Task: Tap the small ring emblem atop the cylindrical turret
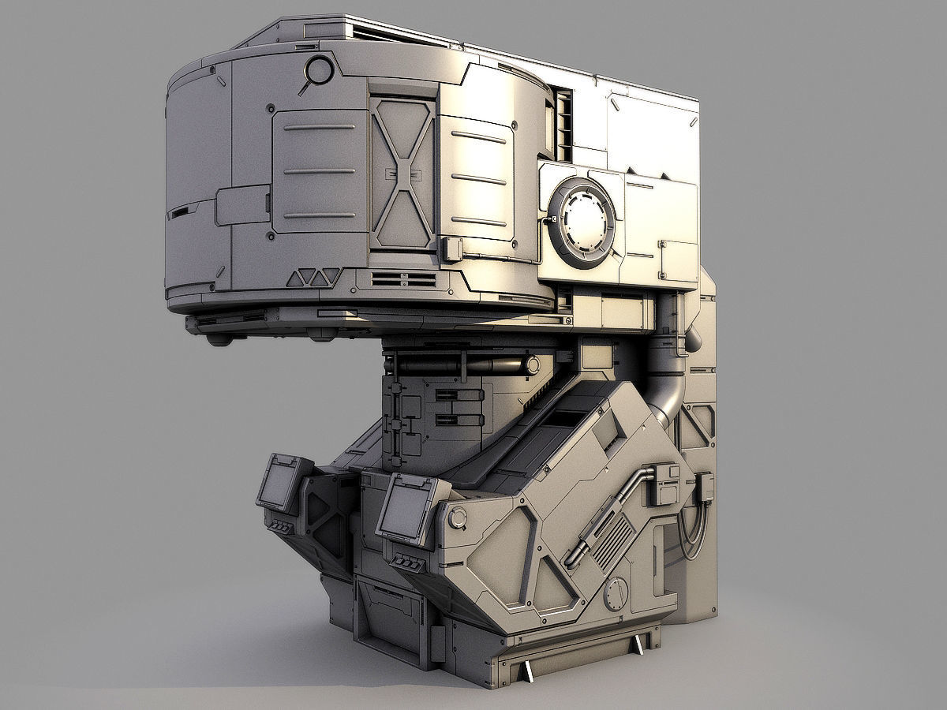tap(320, 71)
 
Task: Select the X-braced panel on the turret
tap(403, 173)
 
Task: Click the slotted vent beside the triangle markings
tap(403, 278)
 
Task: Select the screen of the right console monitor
tap(405, 510)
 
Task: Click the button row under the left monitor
tap(281, 526)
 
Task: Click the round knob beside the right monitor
tap(458, 518)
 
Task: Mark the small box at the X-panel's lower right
tap(452, 249)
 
